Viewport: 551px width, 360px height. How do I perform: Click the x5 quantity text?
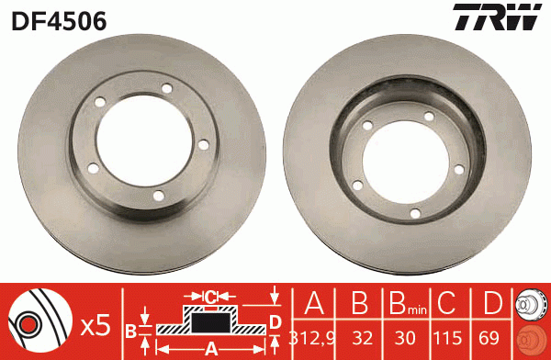[x=96, y=324]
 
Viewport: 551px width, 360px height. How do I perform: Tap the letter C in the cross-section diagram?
[x=210, y=297]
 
